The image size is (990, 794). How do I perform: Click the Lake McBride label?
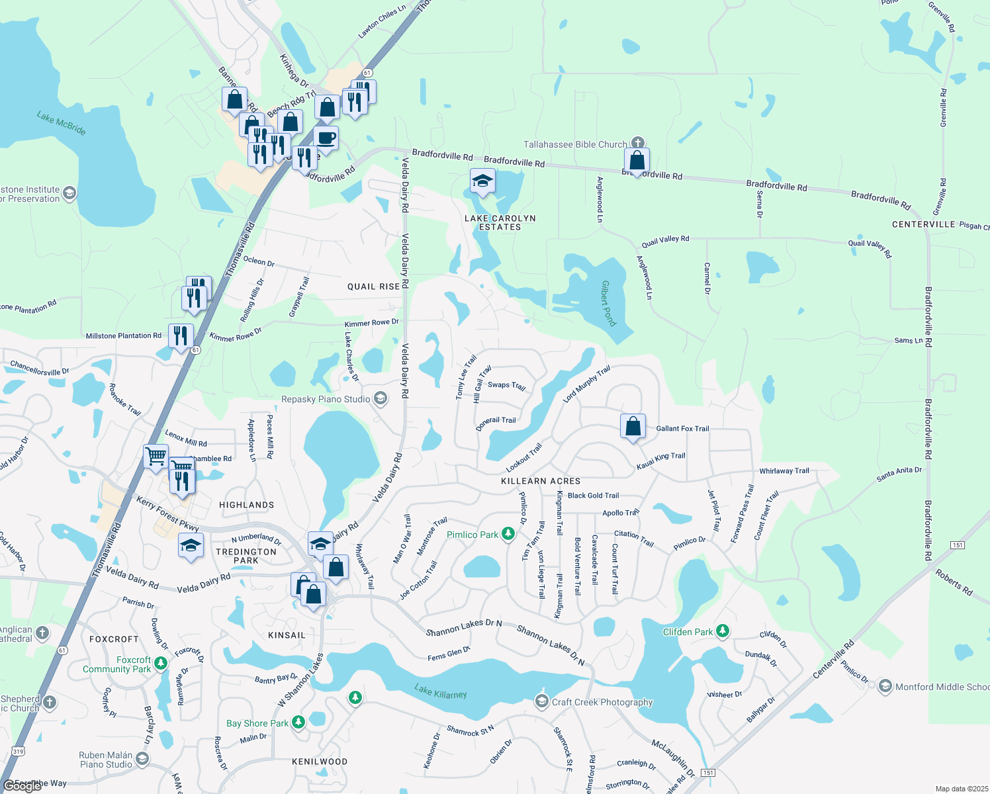[x=62, y=123]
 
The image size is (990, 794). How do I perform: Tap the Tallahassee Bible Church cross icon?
[x=637, y=143]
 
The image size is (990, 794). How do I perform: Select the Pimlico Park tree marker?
[x=508, y=534]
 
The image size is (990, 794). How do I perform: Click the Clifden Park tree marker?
[x=723, y=631]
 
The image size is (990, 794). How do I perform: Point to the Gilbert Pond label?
[x=608, y=303]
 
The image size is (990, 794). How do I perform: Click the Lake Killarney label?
[x=441, y=692]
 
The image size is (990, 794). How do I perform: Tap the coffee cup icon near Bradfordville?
[x=326, y=138]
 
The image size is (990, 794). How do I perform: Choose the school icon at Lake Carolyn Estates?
[x=482, y=181]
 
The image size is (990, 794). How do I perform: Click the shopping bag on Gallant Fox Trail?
[x=633, y=426]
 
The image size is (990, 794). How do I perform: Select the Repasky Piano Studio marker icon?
[x=380, y=398]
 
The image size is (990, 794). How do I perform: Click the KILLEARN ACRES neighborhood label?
[x=541, y=481]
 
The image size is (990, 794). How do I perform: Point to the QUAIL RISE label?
[x=374, y=287]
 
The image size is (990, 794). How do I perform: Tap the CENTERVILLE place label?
[x=923, y=224]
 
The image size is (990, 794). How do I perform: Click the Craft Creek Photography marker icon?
[x=542, y=701]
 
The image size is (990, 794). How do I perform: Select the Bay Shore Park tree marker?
[x=298, y=723]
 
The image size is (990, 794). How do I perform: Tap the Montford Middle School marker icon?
[x=885, y=687]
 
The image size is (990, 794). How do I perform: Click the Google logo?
[x=22, y=786]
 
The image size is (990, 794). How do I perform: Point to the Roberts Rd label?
[x=954, y=582]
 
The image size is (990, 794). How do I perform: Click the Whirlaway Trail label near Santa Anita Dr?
[x=784, y=471]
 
